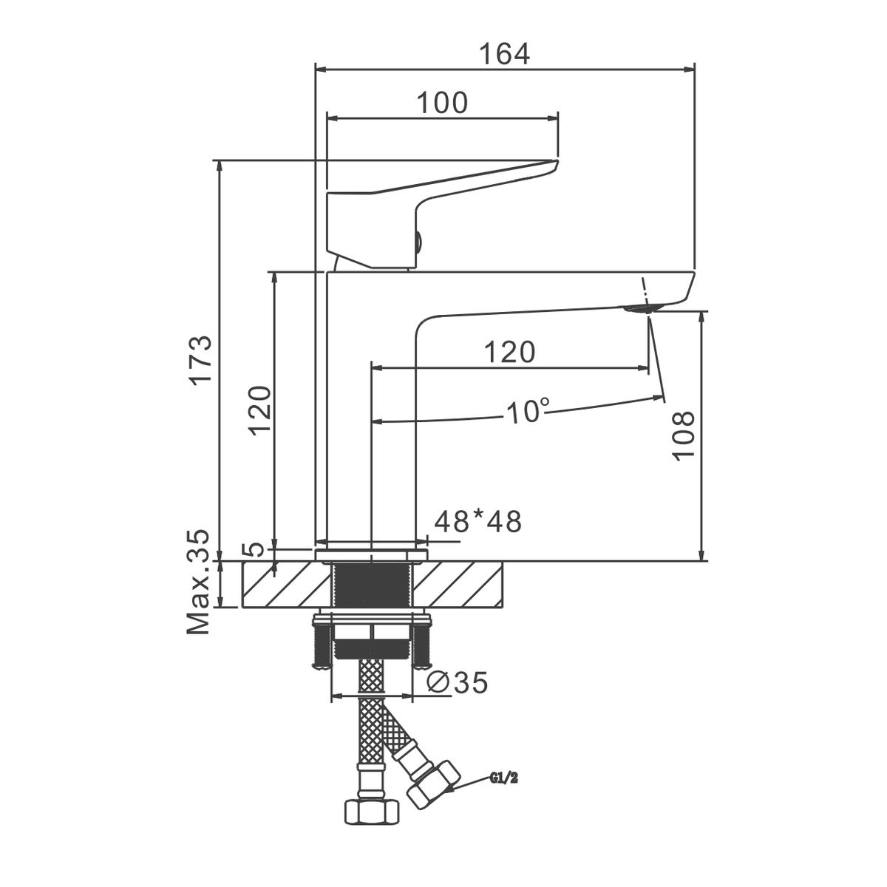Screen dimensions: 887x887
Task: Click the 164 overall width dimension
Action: click(x=505, y=54)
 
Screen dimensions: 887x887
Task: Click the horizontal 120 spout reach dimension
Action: click(x=509, y=352)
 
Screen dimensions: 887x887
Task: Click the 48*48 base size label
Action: click(x=478, y=522)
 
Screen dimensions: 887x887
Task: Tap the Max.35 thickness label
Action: click(x=198, y=582)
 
